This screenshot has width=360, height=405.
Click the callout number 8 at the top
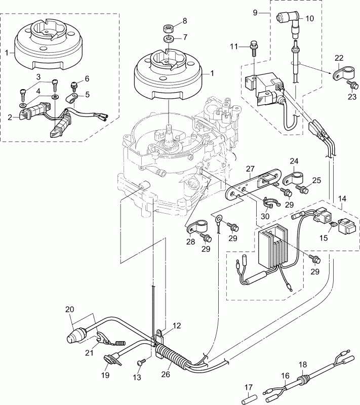click(x=184, y=21)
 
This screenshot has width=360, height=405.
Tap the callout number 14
click(x=343, y=199)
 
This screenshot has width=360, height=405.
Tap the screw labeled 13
click(x=141, y=362)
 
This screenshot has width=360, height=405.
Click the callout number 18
click(x=302, y=364)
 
